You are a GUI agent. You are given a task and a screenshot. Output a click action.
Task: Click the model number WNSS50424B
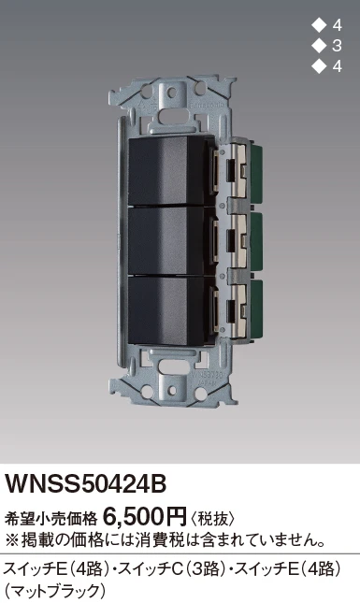(85, 484)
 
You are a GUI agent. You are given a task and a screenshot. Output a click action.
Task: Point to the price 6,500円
(145, 516)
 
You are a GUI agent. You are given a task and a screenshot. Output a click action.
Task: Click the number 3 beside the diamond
(337, 46)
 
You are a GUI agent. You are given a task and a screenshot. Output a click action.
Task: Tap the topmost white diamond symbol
(318, 25)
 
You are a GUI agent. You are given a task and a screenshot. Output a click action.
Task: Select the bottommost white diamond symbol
(318, 66)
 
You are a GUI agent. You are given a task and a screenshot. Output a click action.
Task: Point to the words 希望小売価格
(50, 519)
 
